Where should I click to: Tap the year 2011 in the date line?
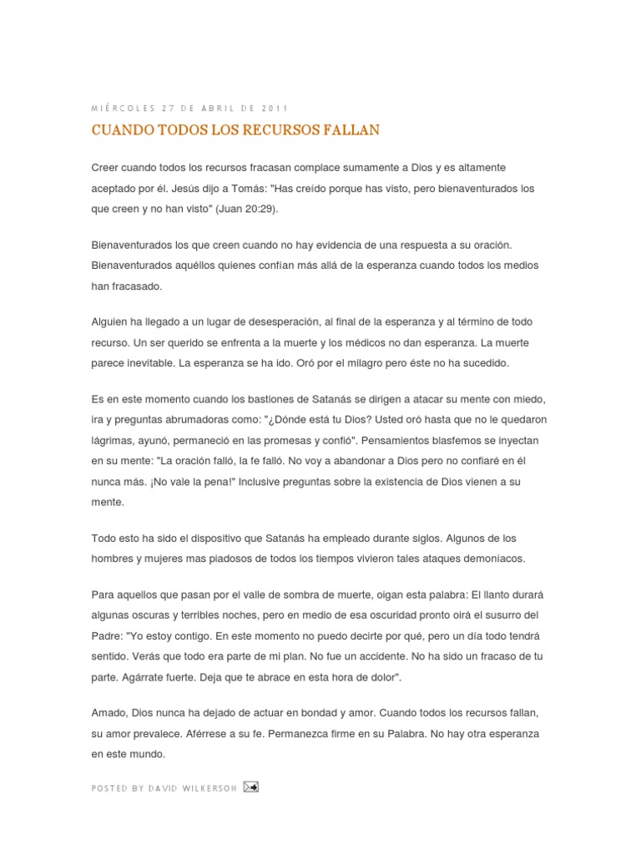point(275,109)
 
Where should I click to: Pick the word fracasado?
point(137,286)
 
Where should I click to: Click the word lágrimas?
point(111,439)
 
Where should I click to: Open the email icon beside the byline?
point(250,787)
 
